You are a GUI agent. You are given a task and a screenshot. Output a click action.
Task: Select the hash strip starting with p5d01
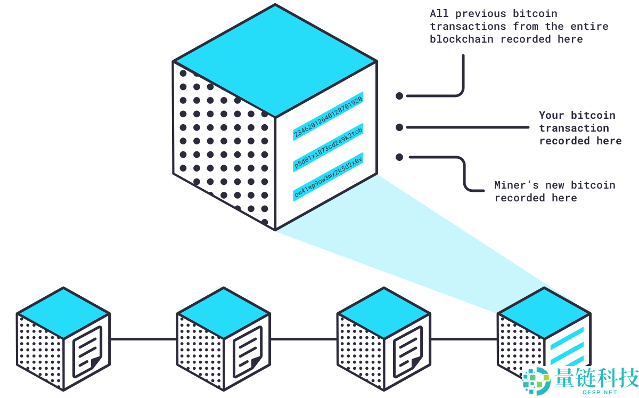(x=327, y=150)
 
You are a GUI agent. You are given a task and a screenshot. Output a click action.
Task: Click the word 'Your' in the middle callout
(x=552, y=115)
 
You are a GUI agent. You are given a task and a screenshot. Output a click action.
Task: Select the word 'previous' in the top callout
(x=474, y=13)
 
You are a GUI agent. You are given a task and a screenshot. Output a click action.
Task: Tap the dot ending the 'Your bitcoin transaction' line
(x=399, y=127)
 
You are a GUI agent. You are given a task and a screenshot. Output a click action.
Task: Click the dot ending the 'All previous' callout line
(x=399, y=96)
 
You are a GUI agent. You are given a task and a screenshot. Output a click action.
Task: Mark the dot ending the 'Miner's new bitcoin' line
(x=399, y=157)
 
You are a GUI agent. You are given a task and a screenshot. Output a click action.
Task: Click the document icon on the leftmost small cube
(x=87, y=352)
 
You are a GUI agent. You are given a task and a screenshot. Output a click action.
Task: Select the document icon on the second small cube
(x=247, y=352)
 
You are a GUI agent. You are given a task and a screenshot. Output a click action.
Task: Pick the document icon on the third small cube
(x=407, y=352)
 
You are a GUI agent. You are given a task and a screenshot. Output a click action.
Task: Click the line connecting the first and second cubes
(x=143, y=339)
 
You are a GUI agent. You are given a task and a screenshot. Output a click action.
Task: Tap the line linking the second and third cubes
(x=304, y=339)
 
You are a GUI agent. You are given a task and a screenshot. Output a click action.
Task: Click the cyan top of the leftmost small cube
(x=63, y=313)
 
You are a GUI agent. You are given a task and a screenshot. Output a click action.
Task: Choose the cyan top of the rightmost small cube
(x=544, y=313)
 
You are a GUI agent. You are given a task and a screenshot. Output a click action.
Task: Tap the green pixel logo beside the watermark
(x=536, y=381)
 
